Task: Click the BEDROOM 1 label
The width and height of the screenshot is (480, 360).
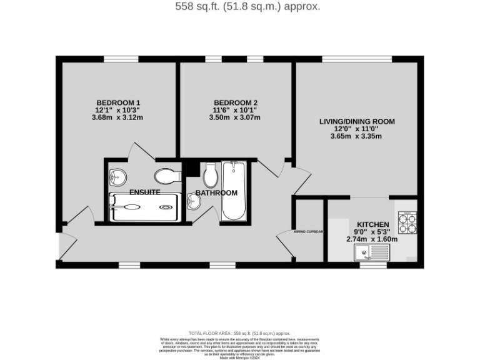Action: coord(118,102)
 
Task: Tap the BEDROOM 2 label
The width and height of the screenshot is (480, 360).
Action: coord(236,102)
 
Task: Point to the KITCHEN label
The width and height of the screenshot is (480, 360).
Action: coord(373,224)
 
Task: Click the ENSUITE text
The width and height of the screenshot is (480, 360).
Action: coord(145,192)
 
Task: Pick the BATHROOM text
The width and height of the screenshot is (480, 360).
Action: coord(216,193)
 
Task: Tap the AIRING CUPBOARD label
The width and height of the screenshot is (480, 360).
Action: coord(309,231)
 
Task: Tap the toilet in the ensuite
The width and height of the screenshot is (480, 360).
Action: coord(167,176)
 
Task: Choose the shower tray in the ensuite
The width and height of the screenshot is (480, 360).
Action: coord(145,207)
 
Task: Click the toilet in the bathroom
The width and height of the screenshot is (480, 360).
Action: coord(209,174)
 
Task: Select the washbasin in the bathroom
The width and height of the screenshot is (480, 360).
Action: coord(193,202)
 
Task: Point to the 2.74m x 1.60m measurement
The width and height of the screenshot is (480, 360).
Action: coord(373,239)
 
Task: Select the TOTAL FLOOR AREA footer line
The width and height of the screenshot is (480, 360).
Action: coord(239,334)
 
